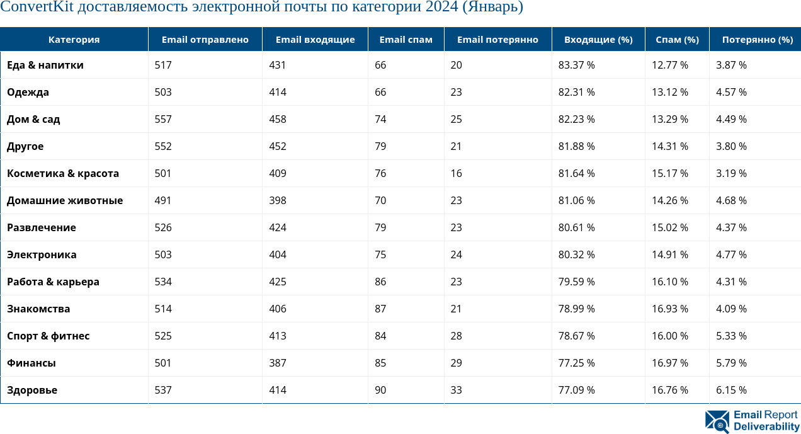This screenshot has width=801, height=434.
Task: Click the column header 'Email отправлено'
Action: (205, 40)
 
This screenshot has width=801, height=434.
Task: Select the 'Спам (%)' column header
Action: (677, 40)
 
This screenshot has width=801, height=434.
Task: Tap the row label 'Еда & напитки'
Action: (45, 66)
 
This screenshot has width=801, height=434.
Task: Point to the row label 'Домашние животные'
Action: (65, 201)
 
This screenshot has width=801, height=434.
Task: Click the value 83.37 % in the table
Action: (576, 66)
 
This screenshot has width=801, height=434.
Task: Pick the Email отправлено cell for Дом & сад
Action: (163, 120)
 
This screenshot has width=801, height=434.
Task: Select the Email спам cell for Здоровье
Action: (380, 391)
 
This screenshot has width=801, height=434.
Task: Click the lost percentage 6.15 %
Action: (731, 391)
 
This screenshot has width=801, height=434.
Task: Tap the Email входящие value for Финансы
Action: (277, 363)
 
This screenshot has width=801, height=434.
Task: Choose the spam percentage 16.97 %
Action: (669, 363)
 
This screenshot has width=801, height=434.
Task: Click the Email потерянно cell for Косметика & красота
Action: (456, 174)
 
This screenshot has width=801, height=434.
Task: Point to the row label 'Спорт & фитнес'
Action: (48, 336)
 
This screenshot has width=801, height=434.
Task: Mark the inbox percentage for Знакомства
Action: (576, 309)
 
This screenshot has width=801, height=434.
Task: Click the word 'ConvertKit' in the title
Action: (35, 8)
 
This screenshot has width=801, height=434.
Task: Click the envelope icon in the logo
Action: (717, 421)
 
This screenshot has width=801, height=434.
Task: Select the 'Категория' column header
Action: (74, 40)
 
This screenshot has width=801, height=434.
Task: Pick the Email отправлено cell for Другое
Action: (163, 147)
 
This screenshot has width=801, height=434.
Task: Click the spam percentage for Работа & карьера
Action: (669, 282)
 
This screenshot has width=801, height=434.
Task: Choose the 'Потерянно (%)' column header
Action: (757, 40)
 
